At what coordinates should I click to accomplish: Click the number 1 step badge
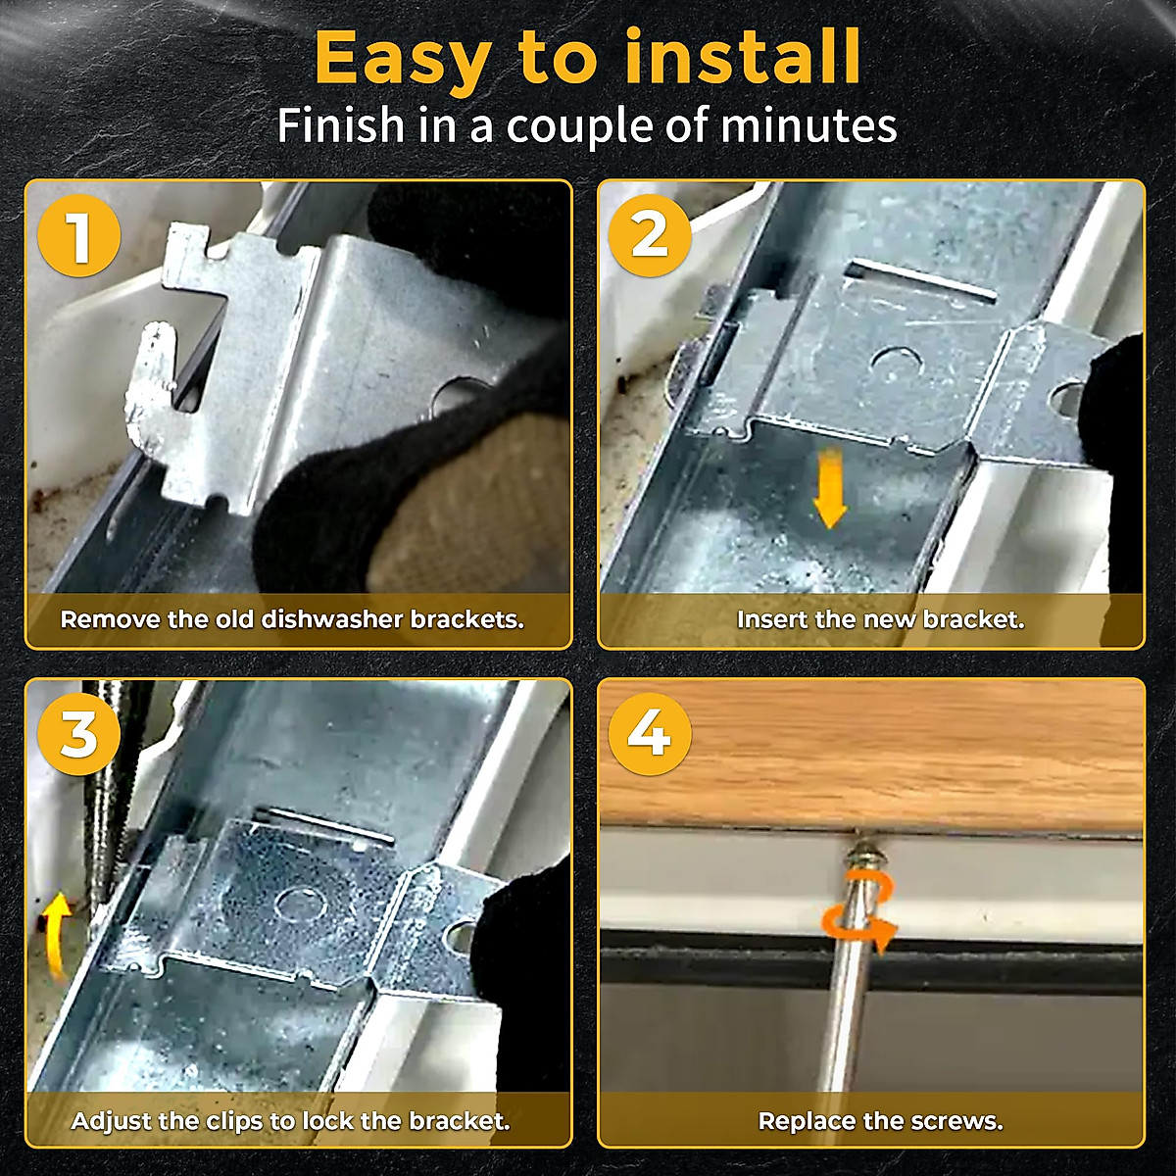point(79,236)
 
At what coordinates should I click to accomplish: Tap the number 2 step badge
point(651,236)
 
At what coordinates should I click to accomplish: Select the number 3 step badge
point(79,735)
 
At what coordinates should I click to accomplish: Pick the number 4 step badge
point(651,735)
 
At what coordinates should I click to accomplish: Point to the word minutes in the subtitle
point(808,125)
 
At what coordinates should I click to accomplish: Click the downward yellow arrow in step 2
point(829,486)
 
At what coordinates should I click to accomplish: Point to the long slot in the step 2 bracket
point(922,280)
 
